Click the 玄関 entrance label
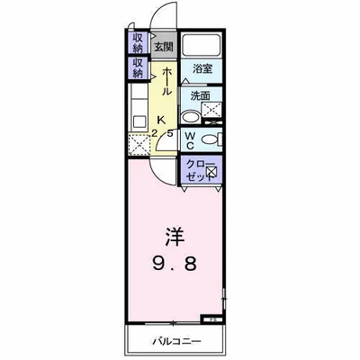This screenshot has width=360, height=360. pos(162,46)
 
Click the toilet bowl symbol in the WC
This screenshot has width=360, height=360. pos(209,139)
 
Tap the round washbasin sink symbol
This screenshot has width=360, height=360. pos(192,115)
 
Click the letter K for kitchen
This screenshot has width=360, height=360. pos(161,120)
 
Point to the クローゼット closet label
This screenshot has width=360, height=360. pos(198,170)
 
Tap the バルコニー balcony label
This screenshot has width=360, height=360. pos(181,341)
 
